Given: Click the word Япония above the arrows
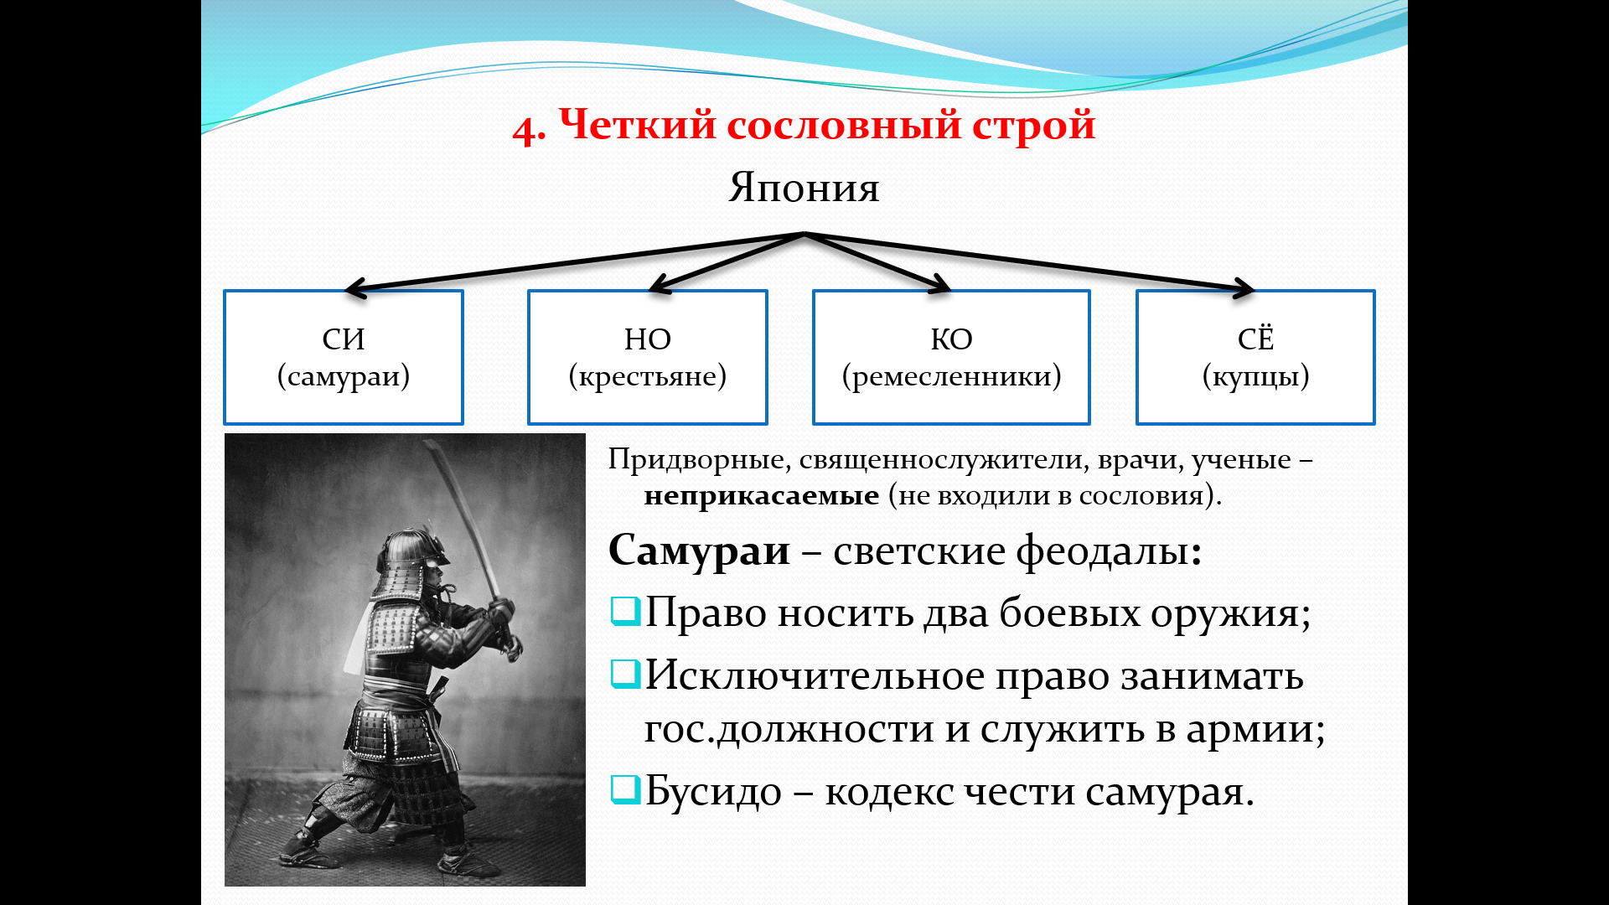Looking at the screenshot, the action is click(x=804, y=188).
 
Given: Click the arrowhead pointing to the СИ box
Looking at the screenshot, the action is click(x=357, y=289).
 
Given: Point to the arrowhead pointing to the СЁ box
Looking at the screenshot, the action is click(x=1244, y=289).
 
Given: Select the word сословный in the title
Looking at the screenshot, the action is click(x=844, y=125).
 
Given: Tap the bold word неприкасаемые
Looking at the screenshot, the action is click(x=762, y=495).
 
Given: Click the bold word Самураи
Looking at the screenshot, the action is click(x=699, y=551).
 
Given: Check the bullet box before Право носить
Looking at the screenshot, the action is click(x=625, y=612).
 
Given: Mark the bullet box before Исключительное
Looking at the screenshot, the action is click(x=625, y=674).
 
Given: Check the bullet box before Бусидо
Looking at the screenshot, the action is click(x=625, y=790).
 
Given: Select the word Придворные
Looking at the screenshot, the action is click(x=697, y=460).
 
